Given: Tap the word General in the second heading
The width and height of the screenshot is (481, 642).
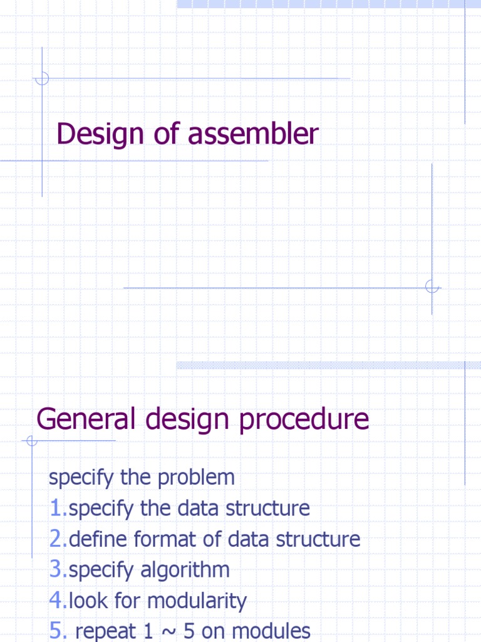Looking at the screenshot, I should (86, 419).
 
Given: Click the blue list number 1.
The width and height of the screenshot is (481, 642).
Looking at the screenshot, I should (55, 508).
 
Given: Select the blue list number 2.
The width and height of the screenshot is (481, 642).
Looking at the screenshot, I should (55, 539).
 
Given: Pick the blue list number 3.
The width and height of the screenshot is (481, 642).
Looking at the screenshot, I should (55, 569).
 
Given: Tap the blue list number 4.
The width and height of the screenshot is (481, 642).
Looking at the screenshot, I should (55, 601).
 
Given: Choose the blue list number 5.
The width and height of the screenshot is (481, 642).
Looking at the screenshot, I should (55, 631).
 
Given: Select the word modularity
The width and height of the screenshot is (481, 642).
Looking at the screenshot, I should (198, 601).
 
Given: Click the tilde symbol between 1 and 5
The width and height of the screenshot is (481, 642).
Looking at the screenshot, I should (168, 631).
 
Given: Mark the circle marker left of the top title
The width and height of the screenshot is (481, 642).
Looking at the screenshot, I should (42, 78).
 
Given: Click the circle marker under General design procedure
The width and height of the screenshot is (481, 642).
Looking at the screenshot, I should (32, 441).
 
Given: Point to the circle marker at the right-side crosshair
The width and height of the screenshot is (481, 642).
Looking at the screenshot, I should (432, 287).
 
